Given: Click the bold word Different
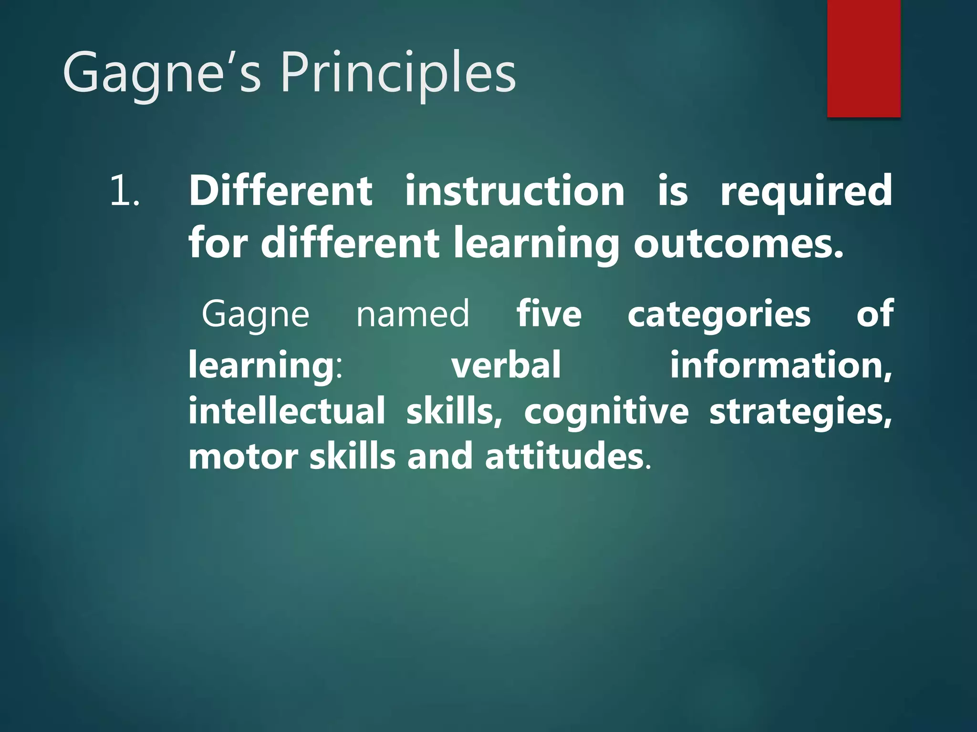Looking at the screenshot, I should point(281,191).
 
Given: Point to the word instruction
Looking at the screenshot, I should point(515,191).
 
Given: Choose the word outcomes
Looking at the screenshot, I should point(738,243).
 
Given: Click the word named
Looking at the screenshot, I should point(413,314).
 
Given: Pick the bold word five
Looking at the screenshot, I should point(549,314).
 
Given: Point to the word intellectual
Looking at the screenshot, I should point(286,411).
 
